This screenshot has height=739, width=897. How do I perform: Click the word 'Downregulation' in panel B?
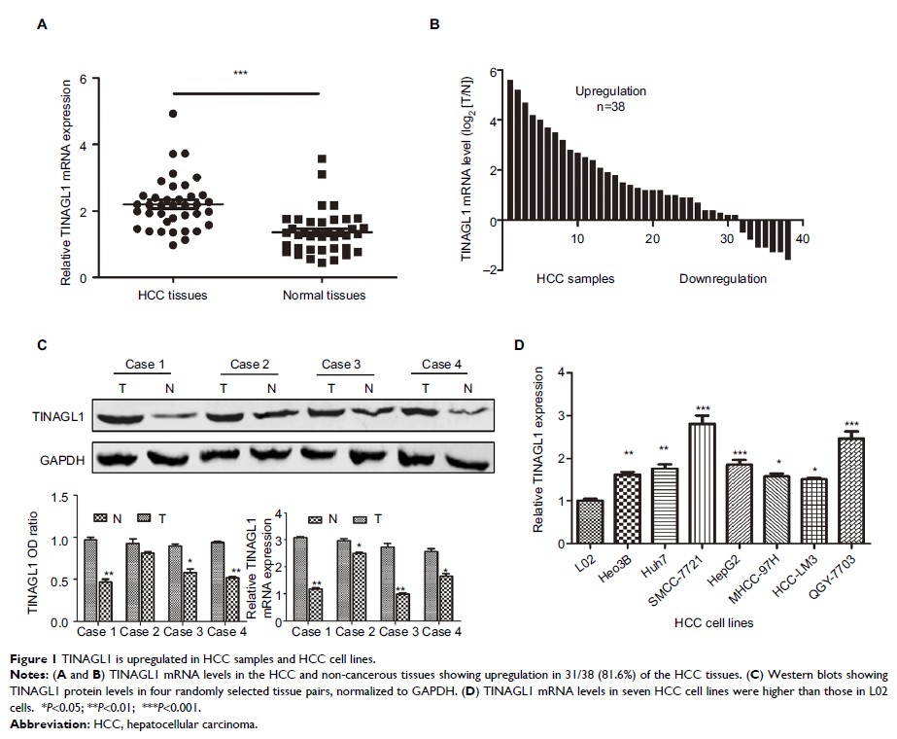722,279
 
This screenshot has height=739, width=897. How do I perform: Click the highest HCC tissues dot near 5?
173,114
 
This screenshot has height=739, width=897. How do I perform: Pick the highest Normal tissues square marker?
322,158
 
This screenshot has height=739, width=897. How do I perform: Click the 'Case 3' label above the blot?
340,365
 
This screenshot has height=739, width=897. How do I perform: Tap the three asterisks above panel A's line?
240,74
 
